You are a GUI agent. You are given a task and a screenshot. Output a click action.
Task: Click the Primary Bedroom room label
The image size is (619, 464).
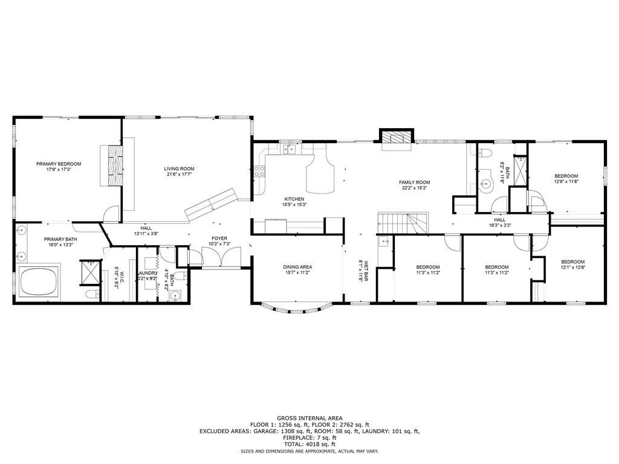[59, 164]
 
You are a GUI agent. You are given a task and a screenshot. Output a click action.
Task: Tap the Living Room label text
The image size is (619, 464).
[179, 169]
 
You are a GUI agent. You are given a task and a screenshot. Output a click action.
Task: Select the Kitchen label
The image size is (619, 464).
[294, 199]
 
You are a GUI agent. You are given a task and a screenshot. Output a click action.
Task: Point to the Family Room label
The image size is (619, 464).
[414, 182]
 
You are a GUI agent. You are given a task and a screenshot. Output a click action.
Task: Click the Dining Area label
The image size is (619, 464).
[297, 266]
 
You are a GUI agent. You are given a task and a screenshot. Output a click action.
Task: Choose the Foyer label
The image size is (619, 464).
[219, 239]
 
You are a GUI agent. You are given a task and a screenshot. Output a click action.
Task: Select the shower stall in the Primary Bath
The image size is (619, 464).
[89, 271]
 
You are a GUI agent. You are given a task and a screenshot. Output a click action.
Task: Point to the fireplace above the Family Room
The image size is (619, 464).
[396, 138]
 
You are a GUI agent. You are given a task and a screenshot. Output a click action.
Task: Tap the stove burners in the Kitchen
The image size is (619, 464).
[261, 171]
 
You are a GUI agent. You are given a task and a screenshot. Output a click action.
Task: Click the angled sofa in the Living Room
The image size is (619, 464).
[210, 204]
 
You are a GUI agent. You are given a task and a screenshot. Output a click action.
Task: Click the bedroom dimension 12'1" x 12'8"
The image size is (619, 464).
[572, 267]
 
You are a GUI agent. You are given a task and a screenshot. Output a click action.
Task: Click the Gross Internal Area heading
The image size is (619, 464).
[309, 418]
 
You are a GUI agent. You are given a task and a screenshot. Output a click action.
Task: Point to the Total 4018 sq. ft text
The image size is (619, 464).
[309, 444]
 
